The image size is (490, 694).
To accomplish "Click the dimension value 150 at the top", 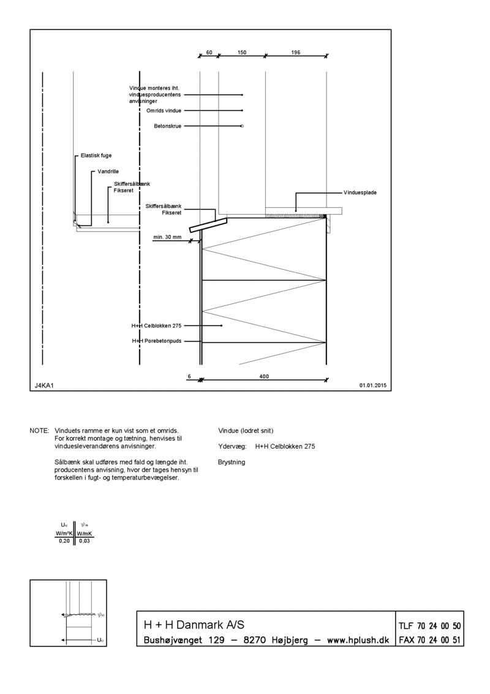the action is [242, 52].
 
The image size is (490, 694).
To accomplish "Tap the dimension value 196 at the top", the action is [296, 52].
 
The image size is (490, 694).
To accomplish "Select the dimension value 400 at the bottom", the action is [264, 376].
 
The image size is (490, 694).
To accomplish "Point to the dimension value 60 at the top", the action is [209, 52].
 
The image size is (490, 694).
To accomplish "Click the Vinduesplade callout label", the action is [360, 193].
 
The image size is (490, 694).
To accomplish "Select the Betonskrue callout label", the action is [168, 126].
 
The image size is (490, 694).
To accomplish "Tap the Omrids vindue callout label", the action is [164, 110].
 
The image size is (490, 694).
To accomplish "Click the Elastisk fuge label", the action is [96, 156].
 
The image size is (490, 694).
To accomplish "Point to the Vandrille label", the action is [108, 172].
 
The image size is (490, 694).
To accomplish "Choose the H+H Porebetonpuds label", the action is [157, 341].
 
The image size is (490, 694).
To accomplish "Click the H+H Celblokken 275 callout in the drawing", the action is [157, 326].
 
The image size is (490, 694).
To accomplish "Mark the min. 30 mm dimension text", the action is [167, 237].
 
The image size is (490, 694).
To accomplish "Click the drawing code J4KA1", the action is [44, 386].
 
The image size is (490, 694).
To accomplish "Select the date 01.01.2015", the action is [373, 386].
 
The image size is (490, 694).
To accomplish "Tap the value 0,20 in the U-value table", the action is [64, 541].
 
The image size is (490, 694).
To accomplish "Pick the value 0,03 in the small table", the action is [84, 541].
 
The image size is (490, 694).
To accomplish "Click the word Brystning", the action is [232, 462].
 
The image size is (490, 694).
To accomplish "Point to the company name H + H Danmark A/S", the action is [194, 625].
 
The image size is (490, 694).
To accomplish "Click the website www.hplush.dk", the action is [358, 640].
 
